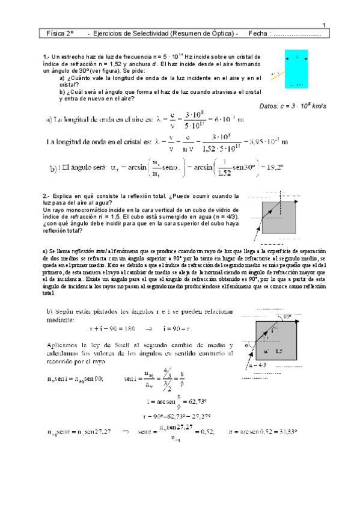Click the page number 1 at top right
click(324, 25)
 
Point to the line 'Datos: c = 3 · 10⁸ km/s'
click(292, 106)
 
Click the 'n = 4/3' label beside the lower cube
click(261, 364)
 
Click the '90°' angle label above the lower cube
click(304, 316)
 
